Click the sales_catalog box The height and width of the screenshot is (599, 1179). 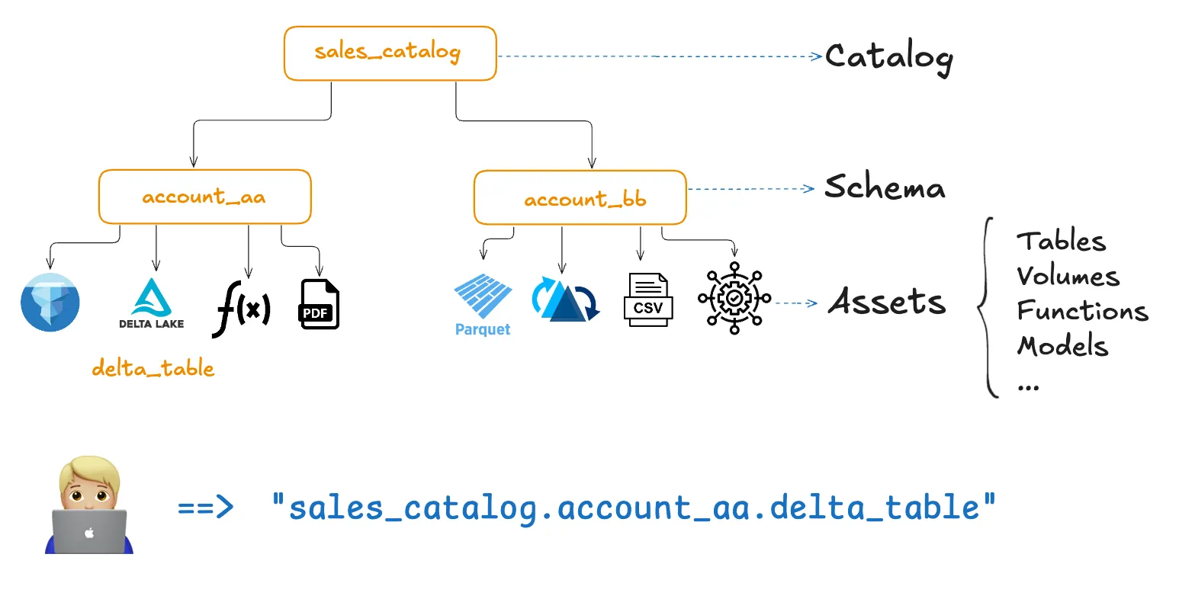pyautogui.click(x=390, y=53)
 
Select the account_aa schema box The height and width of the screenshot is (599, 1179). pyautogui.click(x=204, y=197)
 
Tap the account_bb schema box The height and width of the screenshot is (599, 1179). pyautogui.click(x=580, y=198)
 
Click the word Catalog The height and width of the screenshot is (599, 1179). pyautogui.click(x=888, y=57)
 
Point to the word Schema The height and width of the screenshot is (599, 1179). pyautogui.click(x=885, y=187)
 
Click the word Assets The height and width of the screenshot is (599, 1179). pyautogui.click(x=887, y=302)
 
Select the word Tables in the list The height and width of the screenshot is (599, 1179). pyautogui.click(x=1061, y=242)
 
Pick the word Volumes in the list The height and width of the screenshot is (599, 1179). pyautogui.click(x=1068, y=276)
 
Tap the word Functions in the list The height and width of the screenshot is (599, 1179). pyautogui.click(x=1082, y=311)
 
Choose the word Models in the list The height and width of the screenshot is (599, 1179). pyautogui.click(x=1062, y=346)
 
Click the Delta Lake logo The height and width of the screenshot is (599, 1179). pyautogui.click(x=152, y=303)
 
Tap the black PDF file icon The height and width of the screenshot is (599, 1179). pyautogui.click(x=320, y=305)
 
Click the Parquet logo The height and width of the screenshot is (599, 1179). pyautogui.click(x=483, y=305)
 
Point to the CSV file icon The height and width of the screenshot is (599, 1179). pyautogui.click(x=648, y=300)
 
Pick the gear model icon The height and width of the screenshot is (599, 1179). pyautogui.click(x=734, y=299)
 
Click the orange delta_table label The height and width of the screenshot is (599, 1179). pyautogui.click(x=153, y=369)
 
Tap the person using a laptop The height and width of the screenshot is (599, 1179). pyautogui.click(x=89, y=505)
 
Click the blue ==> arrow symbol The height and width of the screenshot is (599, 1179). pyautogui.click(x=205, y=507)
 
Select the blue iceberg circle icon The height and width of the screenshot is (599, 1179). pyautogui.click(x=50, y=303)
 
